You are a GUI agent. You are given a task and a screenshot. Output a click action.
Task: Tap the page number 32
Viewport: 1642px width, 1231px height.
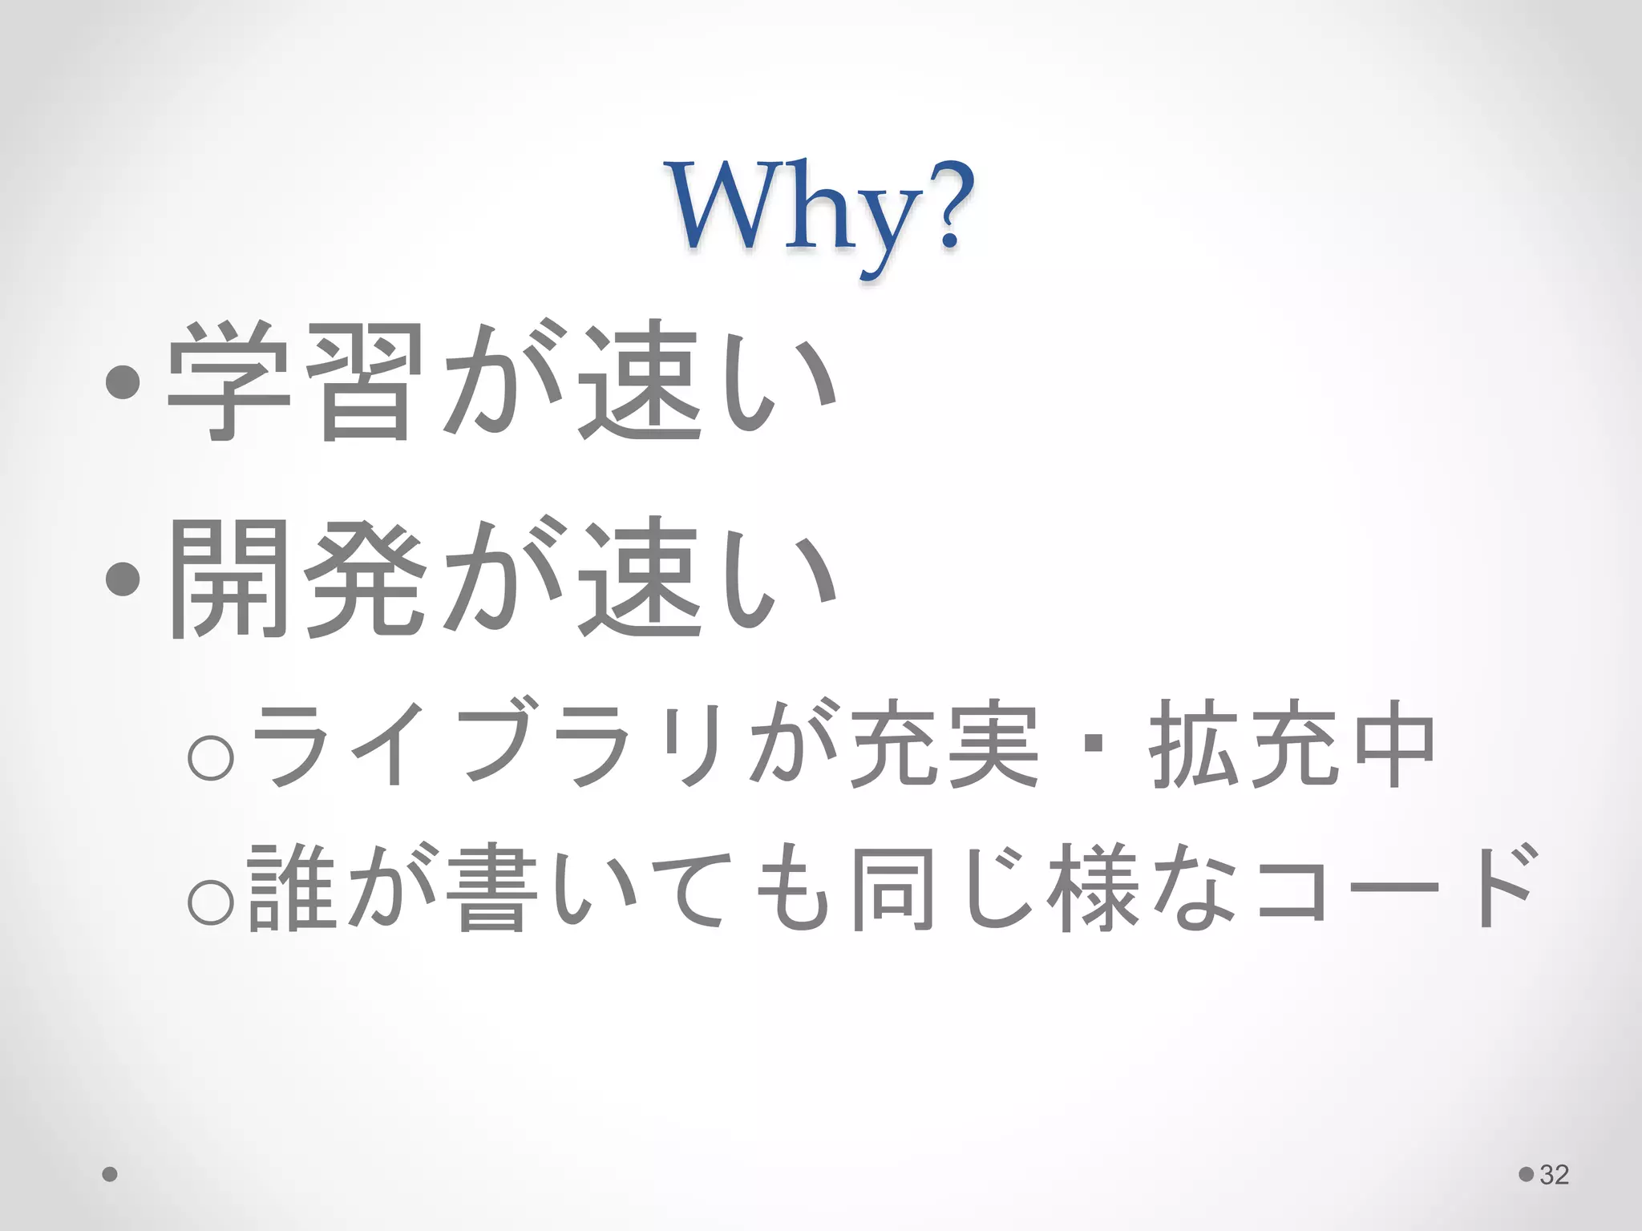point(1554,1175)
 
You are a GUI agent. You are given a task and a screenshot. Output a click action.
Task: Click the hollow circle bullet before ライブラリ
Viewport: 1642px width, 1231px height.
point(211,756)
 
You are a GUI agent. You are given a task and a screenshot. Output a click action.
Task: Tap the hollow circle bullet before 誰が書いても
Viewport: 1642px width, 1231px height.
point(211,901)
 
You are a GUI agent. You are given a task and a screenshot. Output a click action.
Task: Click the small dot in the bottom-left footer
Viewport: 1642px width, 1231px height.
point(111,1175)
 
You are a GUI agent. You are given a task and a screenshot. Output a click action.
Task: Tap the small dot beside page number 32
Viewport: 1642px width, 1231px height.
point(1527,1175)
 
